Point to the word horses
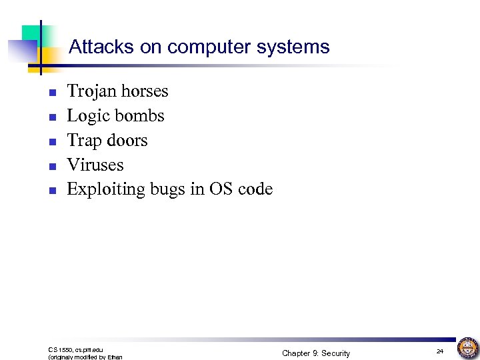(143, 91)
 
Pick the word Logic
(87, 116)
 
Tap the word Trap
(84, 141)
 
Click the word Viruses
(95, 165)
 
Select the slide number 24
(440, 351)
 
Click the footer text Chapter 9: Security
(315, 353)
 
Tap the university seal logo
(468, 347)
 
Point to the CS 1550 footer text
(75, 349)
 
